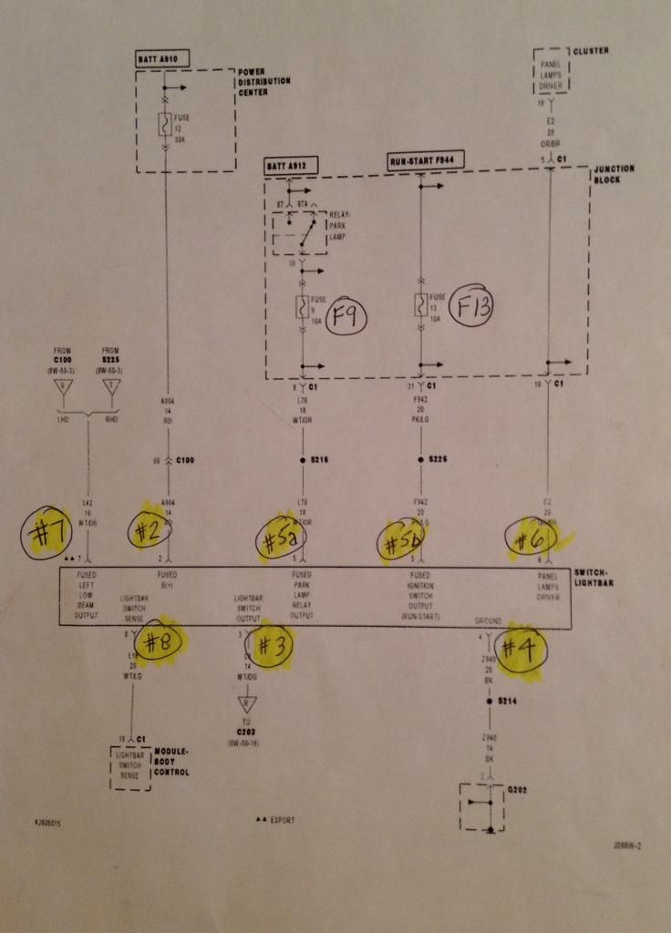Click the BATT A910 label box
coord(162,59)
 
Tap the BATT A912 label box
coord(289,167)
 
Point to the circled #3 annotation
coord(271,646)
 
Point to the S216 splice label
coord(319,460)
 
